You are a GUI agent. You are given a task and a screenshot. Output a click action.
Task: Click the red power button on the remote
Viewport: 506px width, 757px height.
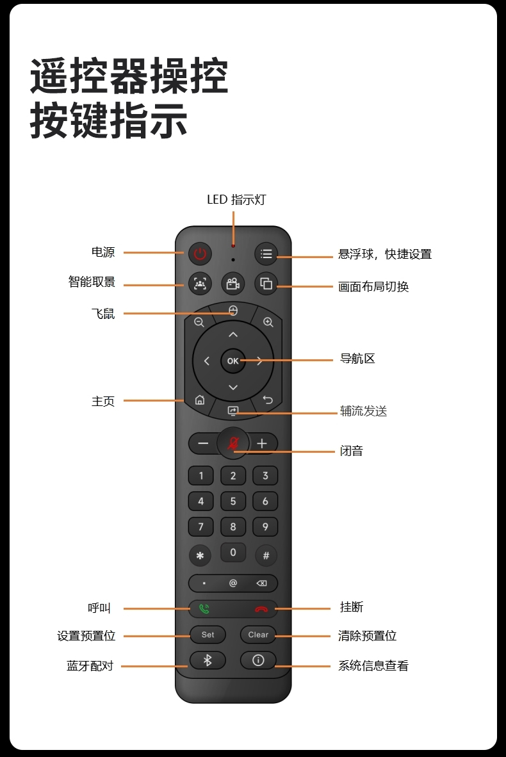tap(200, 254)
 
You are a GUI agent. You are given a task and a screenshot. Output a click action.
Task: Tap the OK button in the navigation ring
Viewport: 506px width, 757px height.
tap(233, 361)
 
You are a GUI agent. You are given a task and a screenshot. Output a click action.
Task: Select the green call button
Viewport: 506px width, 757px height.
tap(204, 609)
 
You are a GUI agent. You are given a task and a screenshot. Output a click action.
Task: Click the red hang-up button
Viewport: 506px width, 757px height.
tap(261, 609)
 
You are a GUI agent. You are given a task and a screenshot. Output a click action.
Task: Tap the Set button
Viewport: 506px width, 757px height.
tap(208, 635)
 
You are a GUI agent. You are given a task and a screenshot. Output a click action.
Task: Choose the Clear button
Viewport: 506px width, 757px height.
tap(258, 635)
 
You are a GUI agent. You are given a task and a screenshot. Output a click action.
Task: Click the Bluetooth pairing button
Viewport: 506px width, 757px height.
tap(208, 660)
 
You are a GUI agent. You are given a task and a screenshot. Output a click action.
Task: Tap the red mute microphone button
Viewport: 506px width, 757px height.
tap(233, 443)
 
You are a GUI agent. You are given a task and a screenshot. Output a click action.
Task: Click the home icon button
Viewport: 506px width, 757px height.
tap(200, 400)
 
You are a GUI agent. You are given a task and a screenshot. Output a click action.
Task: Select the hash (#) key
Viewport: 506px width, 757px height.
tap(266, 556)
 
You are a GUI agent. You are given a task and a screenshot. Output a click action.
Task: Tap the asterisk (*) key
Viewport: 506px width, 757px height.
tap(200, 556)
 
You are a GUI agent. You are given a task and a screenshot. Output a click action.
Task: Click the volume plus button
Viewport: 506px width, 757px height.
tap(262, 443)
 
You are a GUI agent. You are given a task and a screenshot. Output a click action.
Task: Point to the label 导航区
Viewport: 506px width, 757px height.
tap(357, 359)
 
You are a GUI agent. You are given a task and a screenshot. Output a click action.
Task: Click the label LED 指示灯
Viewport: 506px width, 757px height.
tap(236, 200)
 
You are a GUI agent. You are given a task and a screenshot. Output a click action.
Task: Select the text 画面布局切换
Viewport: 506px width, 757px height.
tap(373, 286)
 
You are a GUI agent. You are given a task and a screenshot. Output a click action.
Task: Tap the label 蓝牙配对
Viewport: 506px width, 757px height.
tap(90, 666)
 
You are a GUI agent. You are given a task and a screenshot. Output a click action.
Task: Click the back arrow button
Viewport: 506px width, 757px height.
tap(268, 401)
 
